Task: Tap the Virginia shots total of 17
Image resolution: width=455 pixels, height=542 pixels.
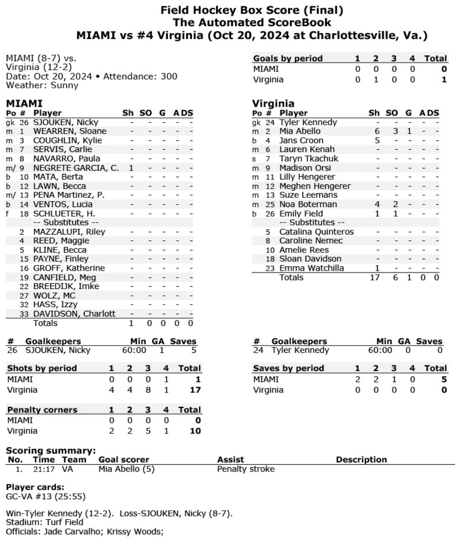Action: click(x=195, y=389)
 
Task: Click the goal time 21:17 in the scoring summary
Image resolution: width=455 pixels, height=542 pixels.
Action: click(x=42, y=469)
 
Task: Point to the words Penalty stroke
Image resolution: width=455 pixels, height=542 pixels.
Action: click(x=246, y=469)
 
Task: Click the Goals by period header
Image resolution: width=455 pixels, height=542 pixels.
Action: click(x=288, y=58)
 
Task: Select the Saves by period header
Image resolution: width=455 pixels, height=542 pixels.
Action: click(x=288, y=368)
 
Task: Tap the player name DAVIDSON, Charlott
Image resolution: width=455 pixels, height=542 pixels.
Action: click(x=74, y=314)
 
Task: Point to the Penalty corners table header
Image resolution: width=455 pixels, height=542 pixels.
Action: click(x=42, y=410)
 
